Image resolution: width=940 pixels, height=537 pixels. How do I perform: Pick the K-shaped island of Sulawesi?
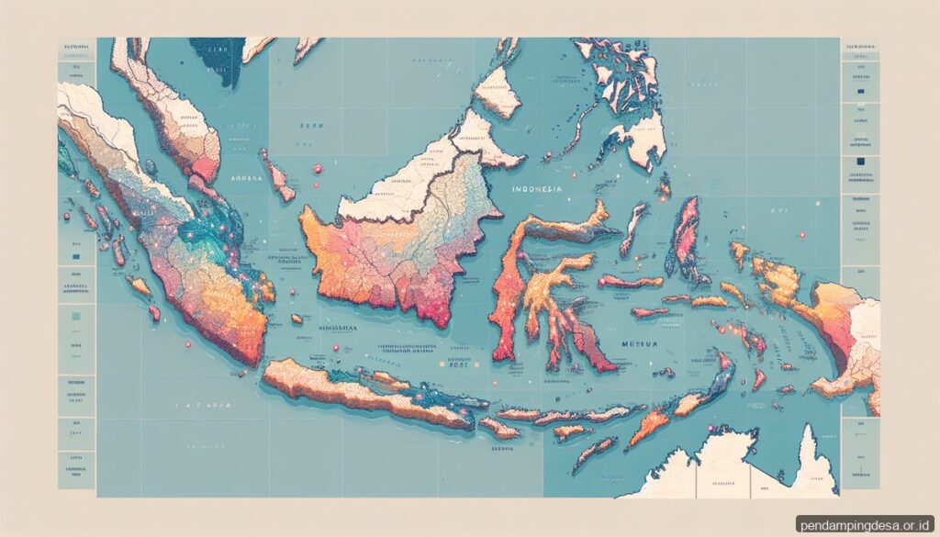[x=542, y=275]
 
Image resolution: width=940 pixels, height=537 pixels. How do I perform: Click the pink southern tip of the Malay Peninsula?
[x=202, y=165]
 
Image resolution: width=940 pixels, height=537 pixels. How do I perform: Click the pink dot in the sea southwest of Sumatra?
[x=188, y=345]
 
